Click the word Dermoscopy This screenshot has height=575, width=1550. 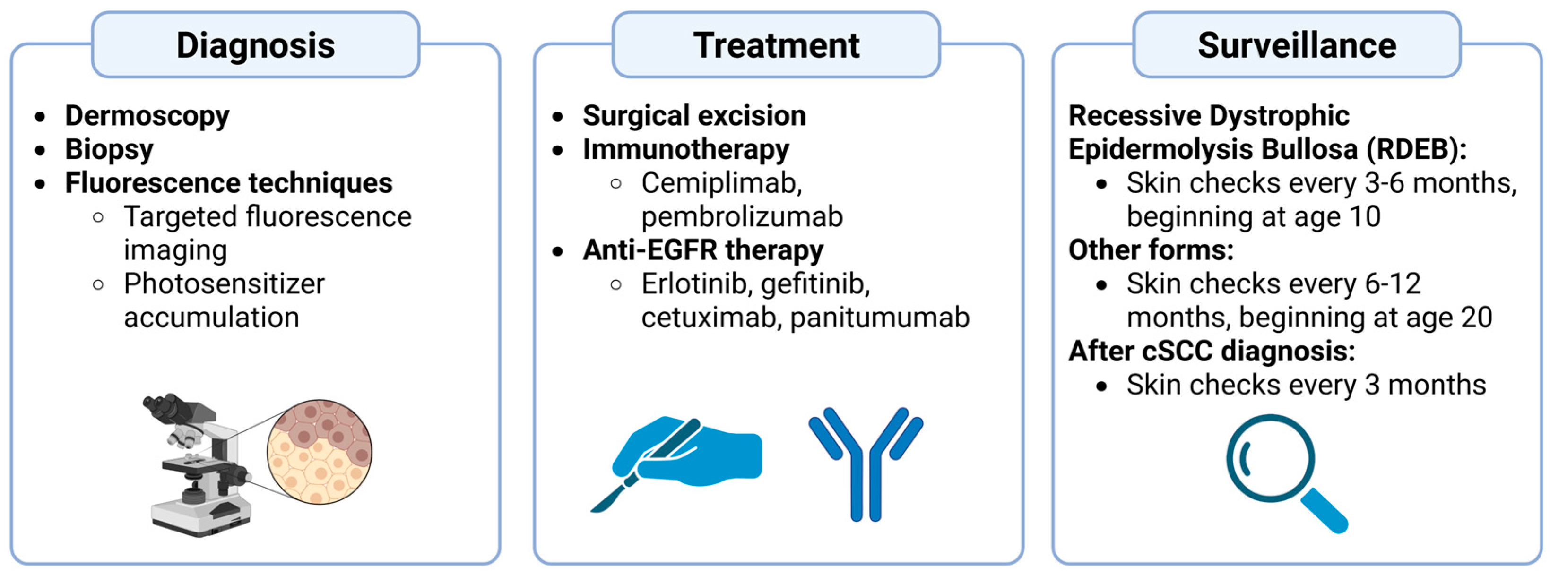click(x=147, y=115)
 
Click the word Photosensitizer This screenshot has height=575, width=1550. click(x=224, y=284)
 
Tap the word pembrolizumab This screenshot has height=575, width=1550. click(x=741, y=216)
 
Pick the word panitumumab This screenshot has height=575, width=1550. click(x=879, y=318)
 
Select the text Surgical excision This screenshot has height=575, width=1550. click(x=694, y=115)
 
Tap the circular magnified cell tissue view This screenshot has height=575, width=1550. click(x=320, y=451)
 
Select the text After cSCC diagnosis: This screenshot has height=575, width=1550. click(x=1211, y=351)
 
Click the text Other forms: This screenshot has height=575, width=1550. click(x=1151, y=250)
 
